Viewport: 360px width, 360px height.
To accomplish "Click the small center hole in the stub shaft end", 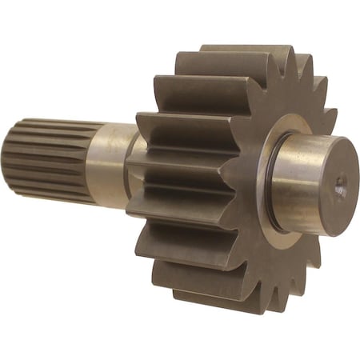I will coord(339,189).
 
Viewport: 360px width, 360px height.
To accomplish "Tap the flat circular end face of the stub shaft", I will coord(337,182).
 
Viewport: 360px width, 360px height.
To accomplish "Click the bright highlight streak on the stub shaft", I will coord(308,160).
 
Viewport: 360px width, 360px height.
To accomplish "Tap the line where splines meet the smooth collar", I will coord(90,164).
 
